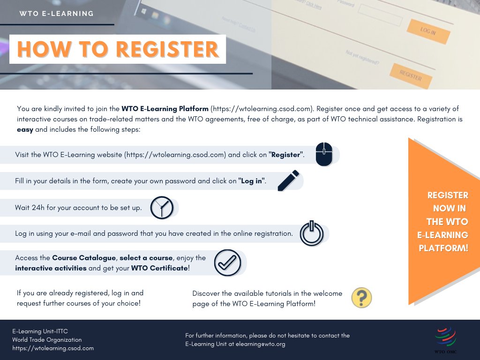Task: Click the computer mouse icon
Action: (324, 154)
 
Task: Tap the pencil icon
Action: (288, 181)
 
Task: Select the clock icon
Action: (162, 208)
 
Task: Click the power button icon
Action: (312, 233)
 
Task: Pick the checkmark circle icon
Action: (227, 262)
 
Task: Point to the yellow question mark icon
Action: (361, 298)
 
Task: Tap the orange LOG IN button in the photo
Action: (428, 31)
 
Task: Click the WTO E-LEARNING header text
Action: (57, 14)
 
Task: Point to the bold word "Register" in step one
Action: (286, 155)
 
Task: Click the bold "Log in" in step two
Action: (252, 181)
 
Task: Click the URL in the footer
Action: (53, 348)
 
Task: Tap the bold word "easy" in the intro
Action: (25, 129)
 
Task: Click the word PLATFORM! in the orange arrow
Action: (443, 248)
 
